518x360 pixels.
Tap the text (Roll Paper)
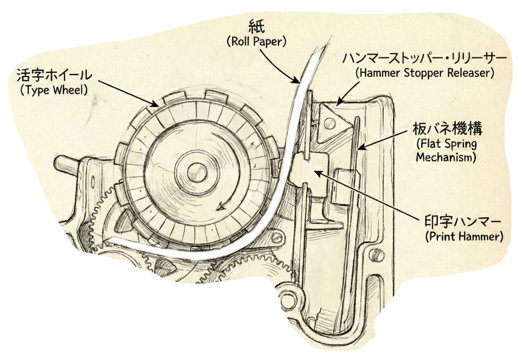coord(257,42)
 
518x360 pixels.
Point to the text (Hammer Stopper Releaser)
coord(425,73)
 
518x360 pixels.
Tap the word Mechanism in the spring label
coord(446,158)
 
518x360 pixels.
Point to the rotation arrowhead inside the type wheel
coord(221,208)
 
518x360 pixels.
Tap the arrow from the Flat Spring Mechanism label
coord(382,138)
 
